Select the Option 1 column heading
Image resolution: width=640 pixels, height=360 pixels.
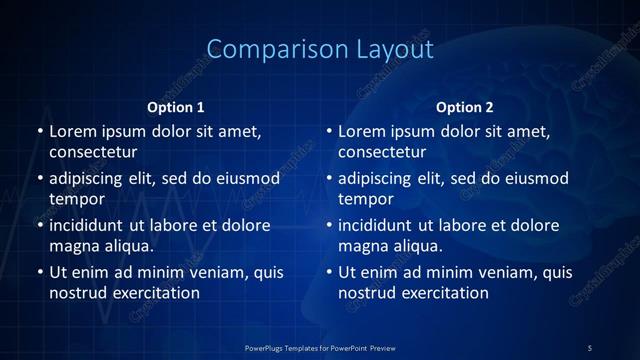tap(176, 107)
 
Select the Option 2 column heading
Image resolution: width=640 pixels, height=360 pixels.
tap(465, 107)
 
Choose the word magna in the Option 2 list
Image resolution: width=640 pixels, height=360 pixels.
tap(362, 245)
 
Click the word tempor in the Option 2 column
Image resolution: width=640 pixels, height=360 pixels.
tap(367, 199)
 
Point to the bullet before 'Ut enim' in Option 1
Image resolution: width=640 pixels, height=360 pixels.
tap(39, 272)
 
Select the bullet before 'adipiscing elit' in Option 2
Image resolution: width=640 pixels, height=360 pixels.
tap(328, 179)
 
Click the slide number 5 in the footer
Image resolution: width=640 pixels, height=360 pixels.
tap(589, 347)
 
